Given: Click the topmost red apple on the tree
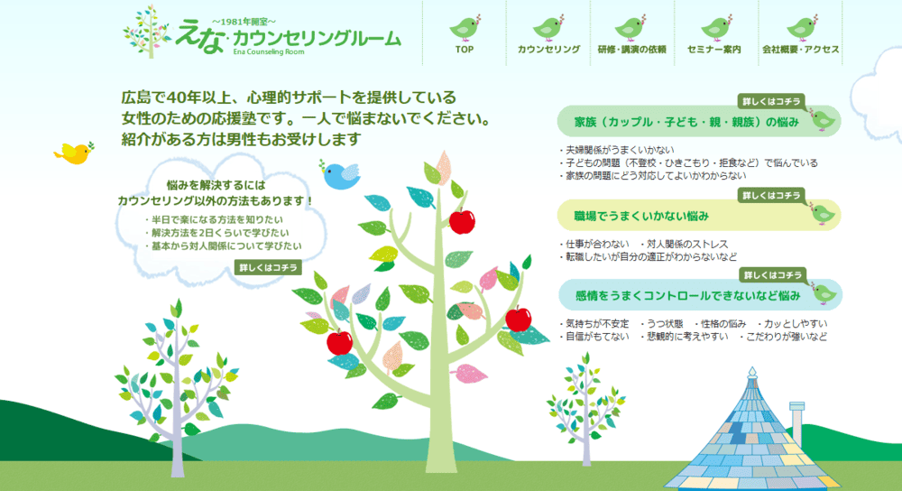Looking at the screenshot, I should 462,220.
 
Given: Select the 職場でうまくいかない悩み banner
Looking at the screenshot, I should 641,217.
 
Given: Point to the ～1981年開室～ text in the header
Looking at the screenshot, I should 244,19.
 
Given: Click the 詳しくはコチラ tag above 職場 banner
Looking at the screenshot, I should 770,195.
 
